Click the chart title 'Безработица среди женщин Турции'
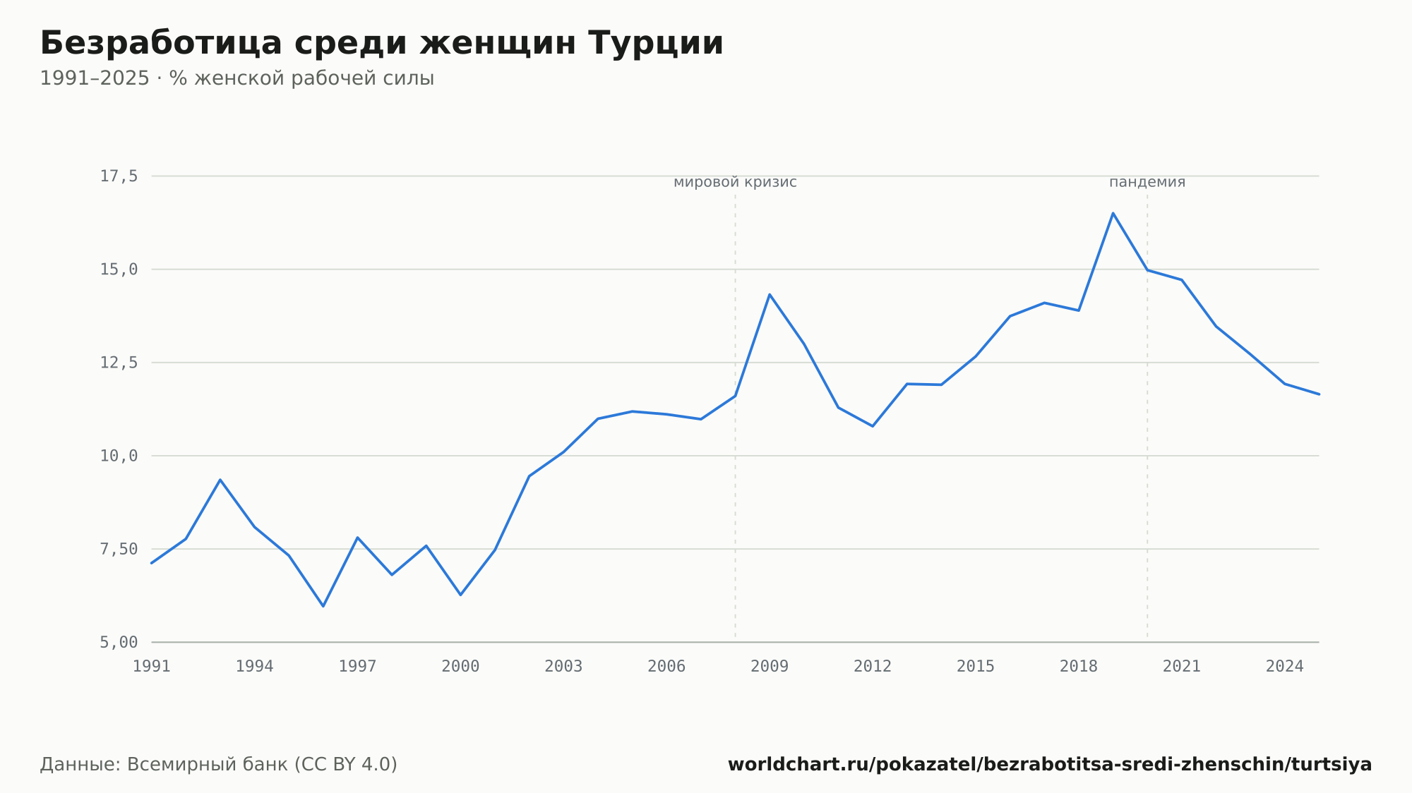point(382,44)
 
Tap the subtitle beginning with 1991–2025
point(237,78)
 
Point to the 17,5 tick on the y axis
point(119,176)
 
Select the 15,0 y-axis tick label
point(119,270)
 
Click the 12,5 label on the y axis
point(119,363)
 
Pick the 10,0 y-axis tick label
point(119,456)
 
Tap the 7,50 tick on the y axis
point(119,549)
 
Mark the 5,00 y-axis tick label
point(119,642)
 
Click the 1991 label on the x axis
point(152,667)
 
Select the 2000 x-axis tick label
point(460,667)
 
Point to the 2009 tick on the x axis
point(770,667)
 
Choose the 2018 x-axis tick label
point(1079,667)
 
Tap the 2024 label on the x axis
point(1285,667)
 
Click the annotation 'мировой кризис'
point(735,182)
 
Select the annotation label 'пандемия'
point(1147,182)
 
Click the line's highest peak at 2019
point(1113,213)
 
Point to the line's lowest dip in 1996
point(323,606)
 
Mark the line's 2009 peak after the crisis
point(770,294)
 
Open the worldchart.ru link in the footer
point(1050,765)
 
